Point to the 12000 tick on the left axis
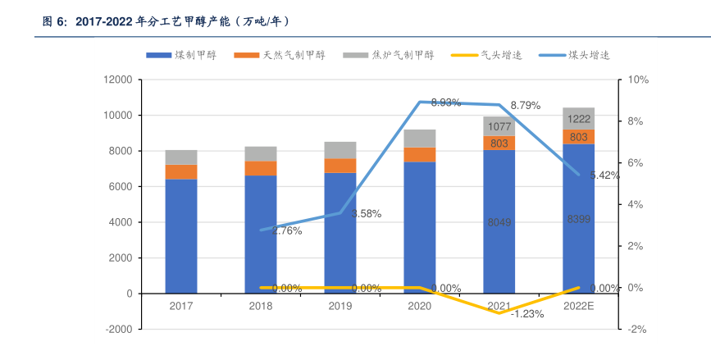tap(118, 80)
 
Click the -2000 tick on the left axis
tap(118, 329)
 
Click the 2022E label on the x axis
tap(579, 306)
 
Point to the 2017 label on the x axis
tap(181, 306)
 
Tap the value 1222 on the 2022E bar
tap(579, 119)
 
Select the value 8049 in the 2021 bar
tap(499, 222)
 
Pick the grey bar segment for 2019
tap(340, 150)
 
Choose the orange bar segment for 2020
tap(420, 155)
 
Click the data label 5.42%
tap(604, 175)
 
